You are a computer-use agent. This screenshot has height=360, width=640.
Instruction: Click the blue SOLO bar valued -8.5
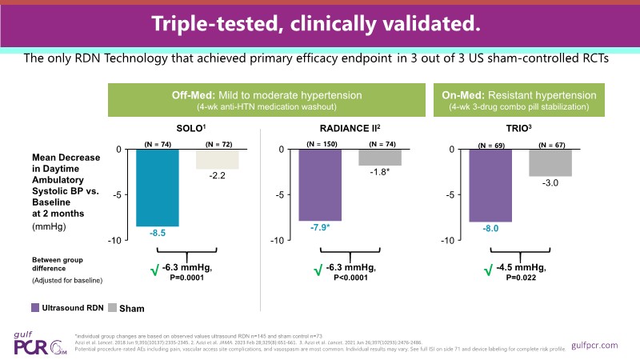tap(157, 187)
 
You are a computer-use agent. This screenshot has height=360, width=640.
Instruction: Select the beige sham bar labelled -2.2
tap(216, 158)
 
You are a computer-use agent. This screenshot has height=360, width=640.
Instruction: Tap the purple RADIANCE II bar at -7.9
tap(320, 185)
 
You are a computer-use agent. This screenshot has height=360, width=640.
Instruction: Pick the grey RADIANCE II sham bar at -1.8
tap(379, 157)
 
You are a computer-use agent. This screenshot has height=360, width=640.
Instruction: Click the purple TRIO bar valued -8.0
tap(490, 186)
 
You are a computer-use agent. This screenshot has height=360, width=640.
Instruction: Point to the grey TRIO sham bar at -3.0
tap(549, 162)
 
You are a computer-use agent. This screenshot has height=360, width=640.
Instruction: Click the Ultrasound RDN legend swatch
tap(34, 307)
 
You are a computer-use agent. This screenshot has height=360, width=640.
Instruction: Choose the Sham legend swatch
tap(112, 307)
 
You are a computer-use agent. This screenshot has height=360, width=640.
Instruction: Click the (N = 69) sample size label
tap(490, 145)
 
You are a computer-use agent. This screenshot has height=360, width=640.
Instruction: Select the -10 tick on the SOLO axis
tap(114, 241)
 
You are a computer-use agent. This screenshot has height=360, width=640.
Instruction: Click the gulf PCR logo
tap(36, 343)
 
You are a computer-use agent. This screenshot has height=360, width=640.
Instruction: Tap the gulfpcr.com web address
tap(597, 345)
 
